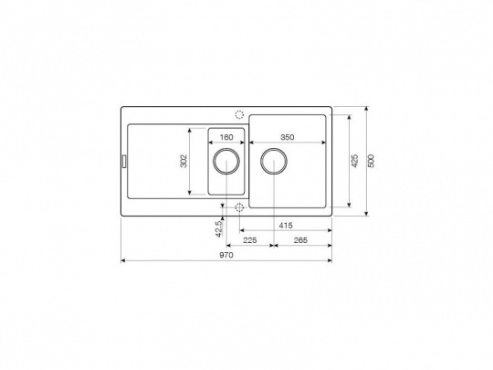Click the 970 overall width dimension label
point(226,255)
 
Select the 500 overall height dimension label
point(372,161)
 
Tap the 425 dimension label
point(354,161)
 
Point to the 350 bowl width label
point(288,137)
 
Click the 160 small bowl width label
point(226,137)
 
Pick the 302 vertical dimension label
point(184,161)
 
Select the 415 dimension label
point(286,226)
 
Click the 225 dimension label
point(250,240)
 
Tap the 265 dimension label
point(300,240)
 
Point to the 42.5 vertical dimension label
point(219,228)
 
